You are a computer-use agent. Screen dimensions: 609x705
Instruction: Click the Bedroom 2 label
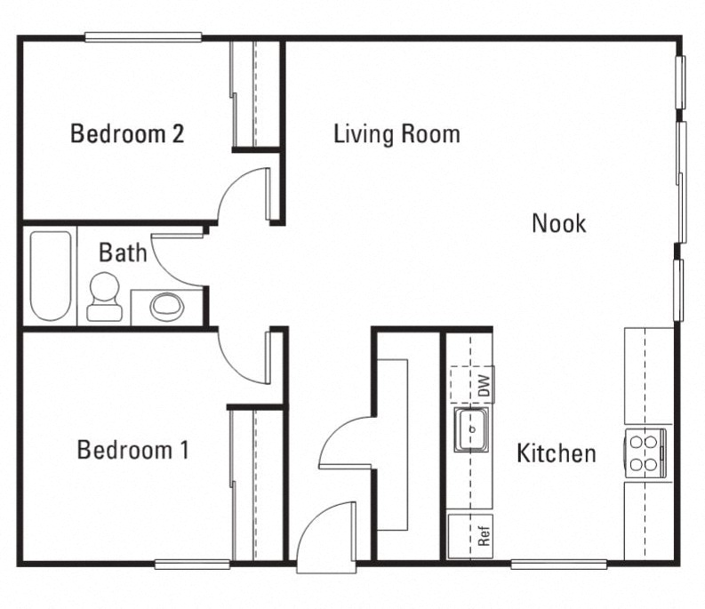(x=127, y=134)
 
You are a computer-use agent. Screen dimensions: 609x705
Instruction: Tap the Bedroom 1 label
(x=132, y=450)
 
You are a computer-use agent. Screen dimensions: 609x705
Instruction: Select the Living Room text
(x=397, y=134)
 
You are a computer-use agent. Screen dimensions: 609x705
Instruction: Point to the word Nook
(x=558, y=222)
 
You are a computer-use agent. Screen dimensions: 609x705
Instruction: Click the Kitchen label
(x=557, y=453)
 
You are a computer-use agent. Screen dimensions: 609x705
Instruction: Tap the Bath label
(x=123, y=252)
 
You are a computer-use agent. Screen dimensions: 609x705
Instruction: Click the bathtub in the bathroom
(x=51, y=276)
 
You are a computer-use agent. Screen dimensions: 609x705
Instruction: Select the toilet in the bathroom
(x=104, y=296)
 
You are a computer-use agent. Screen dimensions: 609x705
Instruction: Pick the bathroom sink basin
(x=166, y=307)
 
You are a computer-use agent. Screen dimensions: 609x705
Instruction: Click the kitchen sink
(x=473, y=429)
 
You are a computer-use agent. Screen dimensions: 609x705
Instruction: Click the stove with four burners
(x=645, y=452)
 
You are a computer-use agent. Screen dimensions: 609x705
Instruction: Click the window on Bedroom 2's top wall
(x=143, y=37)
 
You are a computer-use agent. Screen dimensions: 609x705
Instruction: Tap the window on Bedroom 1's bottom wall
(x=192, y=564)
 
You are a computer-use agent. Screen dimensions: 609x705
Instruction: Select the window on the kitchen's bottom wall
(x=558, y=564)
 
